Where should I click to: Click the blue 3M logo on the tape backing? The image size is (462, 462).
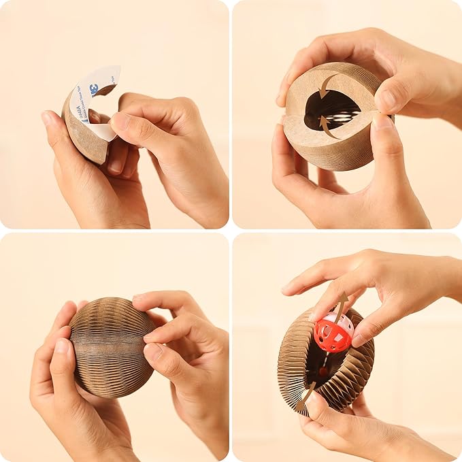coord(93,88)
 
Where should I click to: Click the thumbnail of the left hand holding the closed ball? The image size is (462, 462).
coord(62,348)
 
